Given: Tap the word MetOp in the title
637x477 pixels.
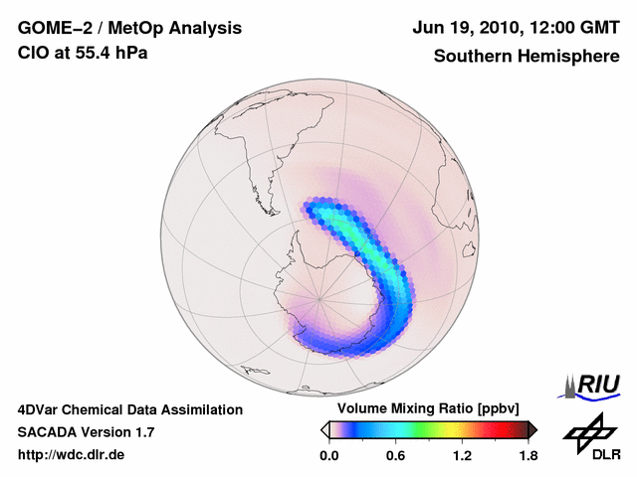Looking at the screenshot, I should [132, 27].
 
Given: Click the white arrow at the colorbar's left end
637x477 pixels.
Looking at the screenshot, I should [324, 429].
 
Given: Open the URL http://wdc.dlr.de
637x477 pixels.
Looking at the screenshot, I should [72, 455].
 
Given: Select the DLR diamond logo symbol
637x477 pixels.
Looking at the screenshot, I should [587, 432].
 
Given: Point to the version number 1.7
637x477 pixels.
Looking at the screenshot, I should [141, 432].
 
